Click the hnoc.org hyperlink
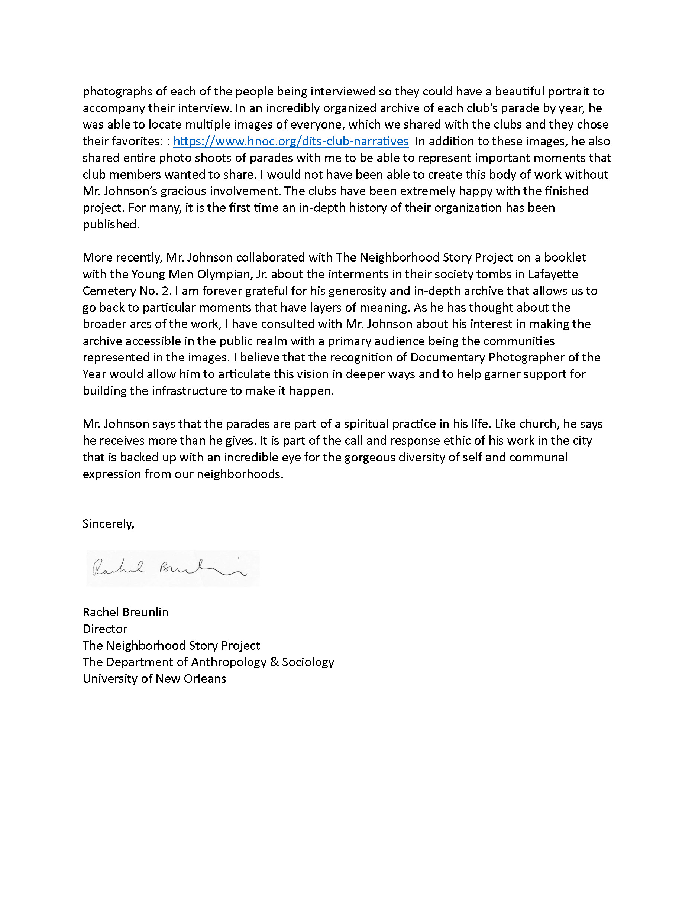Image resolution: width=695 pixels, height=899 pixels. [290, 141]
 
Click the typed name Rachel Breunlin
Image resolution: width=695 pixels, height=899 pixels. [125, 612]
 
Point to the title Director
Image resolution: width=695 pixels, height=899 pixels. [105, 629]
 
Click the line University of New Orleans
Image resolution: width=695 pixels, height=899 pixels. [154, 678]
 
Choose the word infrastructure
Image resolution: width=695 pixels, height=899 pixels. [190, 391]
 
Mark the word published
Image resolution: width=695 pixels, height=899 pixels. [111, 224]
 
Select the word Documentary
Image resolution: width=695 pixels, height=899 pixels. [447, 357]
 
